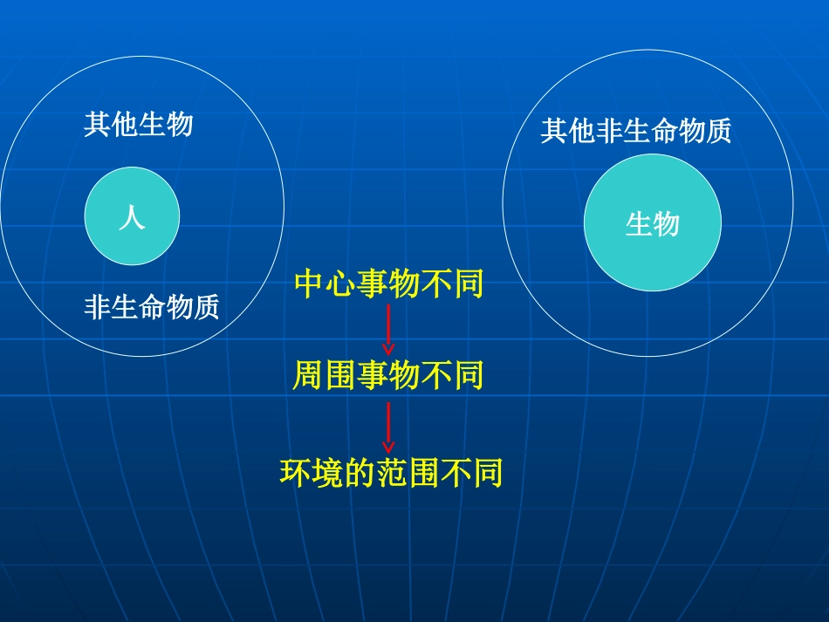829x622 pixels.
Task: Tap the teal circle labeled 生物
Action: pyautogui.click(x=653, y=223)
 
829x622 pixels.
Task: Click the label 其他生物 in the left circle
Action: pyautogui.click(x=139, y=125)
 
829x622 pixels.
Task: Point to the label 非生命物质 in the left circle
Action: pyautogui.click(x=151, y=307)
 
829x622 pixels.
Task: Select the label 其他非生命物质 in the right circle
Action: pyautogui.click(x=635, y=132)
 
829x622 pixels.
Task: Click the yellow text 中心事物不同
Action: pyautogui.click(x=388, y=284)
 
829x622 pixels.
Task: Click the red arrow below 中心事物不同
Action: pyautogui.click(x=388, y=329)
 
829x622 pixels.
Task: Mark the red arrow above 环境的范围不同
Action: pyautogui.click(x=388, y=426)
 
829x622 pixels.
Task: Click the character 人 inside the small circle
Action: pyautogui.click(x=132, y=216)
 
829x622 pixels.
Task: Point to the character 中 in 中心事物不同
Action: pyautogui.click(x=309, y=284)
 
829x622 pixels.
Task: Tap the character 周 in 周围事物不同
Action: pyautogui.click(x=308, y=376)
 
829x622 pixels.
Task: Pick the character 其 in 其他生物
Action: pyautogui.click(x=98, y=125)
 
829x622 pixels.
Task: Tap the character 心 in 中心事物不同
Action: pyautogui.click(x=341, y=284)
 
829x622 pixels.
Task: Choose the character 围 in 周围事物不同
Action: pyautogui.click(x=340, y=376)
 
